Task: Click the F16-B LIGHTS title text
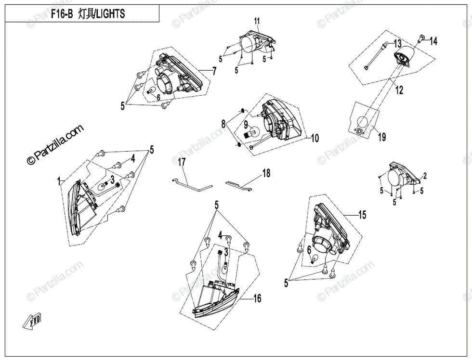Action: click(88, 14)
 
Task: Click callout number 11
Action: click(257, 21)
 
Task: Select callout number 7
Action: click(214, 71)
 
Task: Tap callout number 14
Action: click(433, 41)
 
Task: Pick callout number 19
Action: click(381, 137)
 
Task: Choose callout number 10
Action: click(314, 139)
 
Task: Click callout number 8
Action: click(223, 124)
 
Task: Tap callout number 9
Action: click(245, 124)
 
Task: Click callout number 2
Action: click(425, 175)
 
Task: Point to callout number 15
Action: click(362, 215)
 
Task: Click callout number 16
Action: click(257, 299)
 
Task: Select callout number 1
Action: click(60, 181)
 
